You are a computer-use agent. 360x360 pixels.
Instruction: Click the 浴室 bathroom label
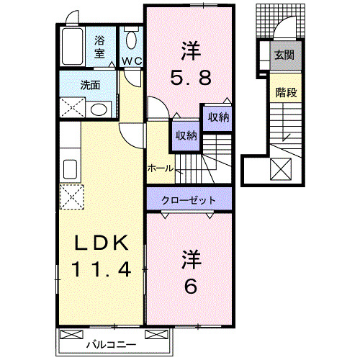pos(99,47)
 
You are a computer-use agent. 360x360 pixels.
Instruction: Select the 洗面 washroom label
pos(90,85)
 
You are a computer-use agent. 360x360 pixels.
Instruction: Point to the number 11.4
pos(101,270)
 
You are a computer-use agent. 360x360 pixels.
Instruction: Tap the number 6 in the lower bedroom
pos(191,286)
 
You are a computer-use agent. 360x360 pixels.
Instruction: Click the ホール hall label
pos(160,168)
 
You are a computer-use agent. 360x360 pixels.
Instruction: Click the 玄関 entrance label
pos(282,55)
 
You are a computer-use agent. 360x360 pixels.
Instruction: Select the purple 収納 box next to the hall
pos(185,135)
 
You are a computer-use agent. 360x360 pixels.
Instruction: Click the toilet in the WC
pos(131,40)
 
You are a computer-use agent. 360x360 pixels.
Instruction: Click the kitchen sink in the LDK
pos(71,170)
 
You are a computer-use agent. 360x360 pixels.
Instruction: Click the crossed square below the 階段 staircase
pos(281,170)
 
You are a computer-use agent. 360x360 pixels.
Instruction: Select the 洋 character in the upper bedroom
pos(190,50)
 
